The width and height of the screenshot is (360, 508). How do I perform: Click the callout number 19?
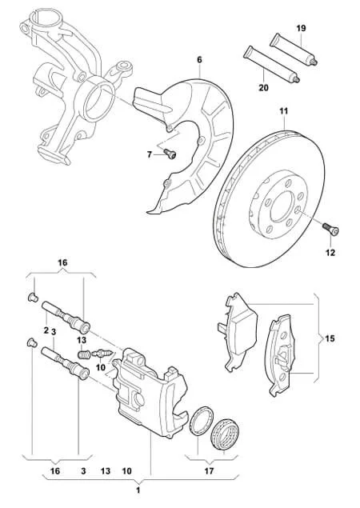(301, 28)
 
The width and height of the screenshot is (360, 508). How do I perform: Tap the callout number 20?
(264, 87)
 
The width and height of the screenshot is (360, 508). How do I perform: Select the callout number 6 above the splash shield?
(199, 60)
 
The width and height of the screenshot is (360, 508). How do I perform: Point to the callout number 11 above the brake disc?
(283, 111)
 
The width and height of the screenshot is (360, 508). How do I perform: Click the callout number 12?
(330, 252)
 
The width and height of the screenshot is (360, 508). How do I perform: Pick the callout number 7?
(150, 155)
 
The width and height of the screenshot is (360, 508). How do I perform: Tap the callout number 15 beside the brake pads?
(330, 338)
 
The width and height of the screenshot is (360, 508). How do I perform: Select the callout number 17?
(210, 470)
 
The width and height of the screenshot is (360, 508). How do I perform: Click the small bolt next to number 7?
(170, 154)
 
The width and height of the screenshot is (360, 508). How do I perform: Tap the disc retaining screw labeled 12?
(330, 228)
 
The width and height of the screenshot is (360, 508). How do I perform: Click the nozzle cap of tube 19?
(313, 62)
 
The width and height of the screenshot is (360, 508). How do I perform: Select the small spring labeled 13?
(84, 354)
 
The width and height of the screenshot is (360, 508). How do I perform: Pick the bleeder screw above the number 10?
(102, 354)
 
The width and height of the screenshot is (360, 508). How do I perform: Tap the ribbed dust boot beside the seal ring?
(224, 434)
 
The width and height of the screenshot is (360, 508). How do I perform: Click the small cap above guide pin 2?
(33, 297)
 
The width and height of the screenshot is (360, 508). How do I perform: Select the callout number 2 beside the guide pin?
(46, 330)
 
